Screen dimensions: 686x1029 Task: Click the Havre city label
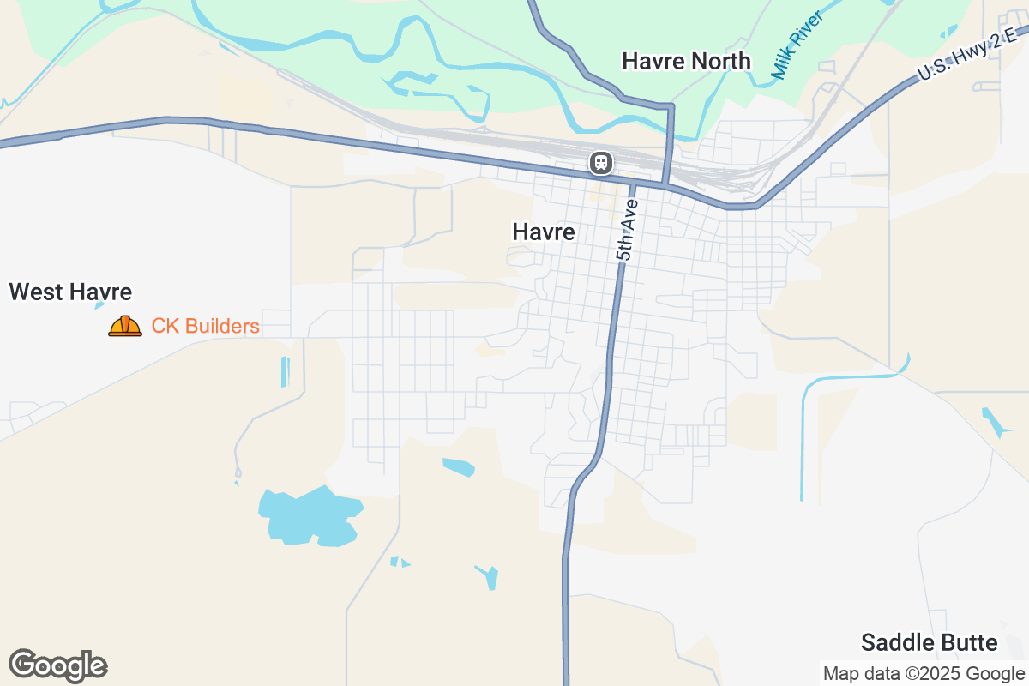click(543, 232)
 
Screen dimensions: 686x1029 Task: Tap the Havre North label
click(686, 61)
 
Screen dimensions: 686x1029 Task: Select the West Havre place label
click(70, 292)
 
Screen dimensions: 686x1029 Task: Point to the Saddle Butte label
click(929, 642)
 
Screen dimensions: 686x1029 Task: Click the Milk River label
click(797, 45)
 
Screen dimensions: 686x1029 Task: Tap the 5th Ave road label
click(627, 230)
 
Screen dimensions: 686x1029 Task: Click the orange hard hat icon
click(125, 326)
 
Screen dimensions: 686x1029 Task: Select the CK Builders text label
click(205, 326)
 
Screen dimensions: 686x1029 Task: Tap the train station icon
click(600, 162)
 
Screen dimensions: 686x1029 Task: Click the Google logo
click(57, 665)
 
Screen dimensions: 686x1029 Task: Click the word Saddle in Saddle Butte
click(894, 642)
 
